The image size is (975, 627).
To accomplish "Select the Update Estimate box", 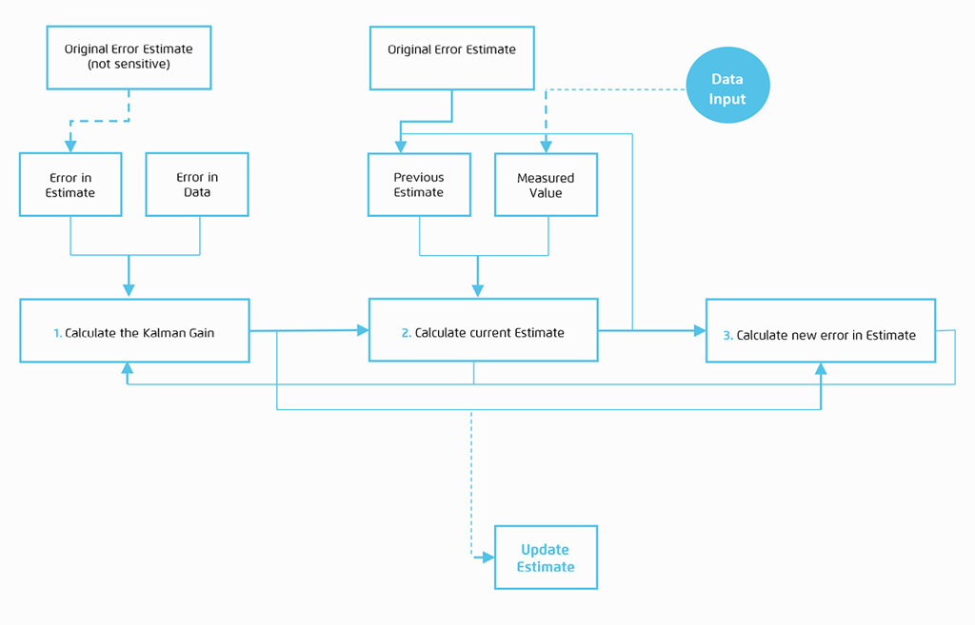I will point(546,558).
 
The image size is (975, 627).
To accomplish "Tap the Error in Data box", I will point(197,185).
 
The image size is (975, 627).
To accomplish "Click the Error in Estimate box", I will point(70,185).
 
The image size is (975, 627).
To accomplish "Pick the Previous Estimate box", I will point(419,185).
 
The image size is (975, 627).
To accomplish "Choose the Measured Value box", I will point(546,185).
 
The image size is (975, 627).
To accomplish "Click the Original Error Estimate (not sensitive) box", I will point(129,58).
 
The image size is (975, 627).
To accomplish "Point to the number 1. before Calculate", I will point(57,334).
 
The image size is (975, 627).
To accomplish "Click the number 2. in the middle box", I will point(407,333).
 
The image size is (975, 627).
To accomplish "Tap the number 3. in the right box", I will point(728,335).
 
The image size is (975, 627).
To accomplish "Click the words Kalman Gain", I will point(180,334).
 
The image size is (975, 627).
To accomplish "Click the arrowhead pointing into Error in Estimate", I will point(70,147).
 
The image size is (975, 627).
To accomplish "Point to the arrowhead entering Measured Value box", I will point(546,147).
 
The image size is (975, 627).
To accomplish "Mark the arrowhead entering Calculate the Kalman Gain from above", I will point(129,291).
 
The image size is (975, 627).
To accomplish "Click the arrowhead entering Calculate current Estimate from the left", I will point(363,330).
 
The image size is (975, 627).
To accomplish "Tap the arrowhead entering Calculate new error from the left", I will point(700,331).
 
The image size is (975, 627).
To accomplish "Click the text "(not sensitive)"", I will point(129,64).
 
